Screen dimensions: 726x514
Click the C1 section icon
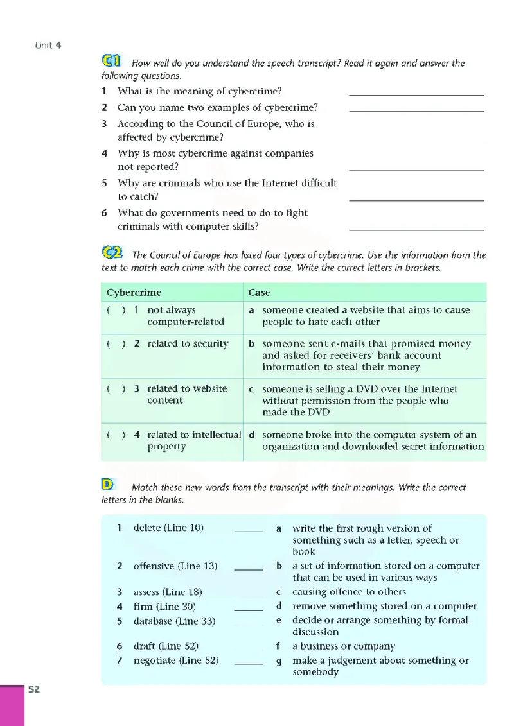pos(111,62)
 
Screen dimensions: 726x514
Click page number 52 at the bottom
pos(33,689)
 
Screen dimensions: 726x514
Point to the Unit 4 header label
pos(48,45)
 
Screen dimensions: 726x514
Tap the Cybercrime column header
pos(134,293)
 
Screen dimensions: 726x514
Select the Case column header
pos(259,293)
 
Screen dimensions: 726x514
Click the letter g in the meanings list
pos(279,661)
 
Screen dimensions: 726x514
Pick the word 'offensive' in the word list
pos(154,566)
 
